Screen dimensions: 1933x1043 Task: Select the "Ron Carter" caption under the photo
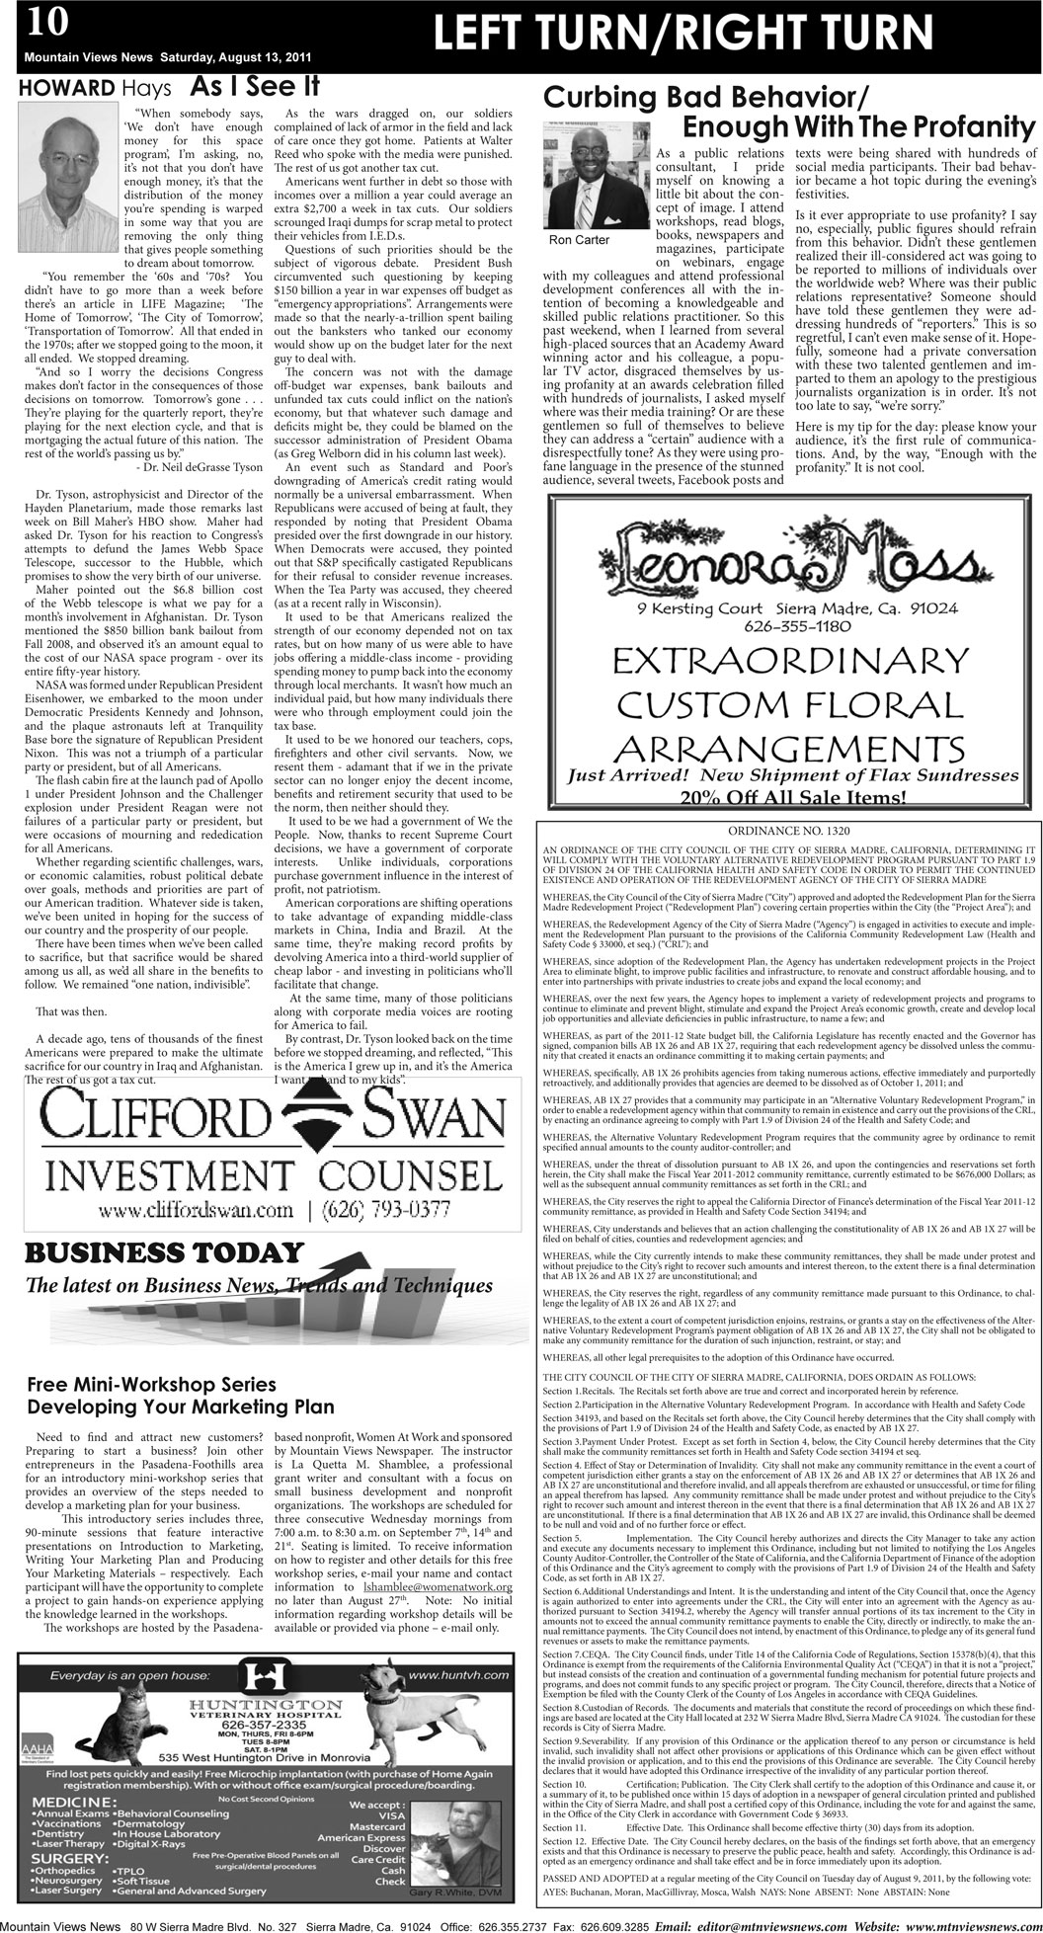pyautogui.click(x=579, y=240)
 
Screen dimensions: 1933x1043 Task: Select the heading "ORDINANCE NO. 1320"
pyautogui.click(x=789, y=832)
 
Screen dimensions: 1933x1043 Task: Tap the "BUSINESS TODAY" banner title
pyautogui.click(x=163, y=1253)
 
